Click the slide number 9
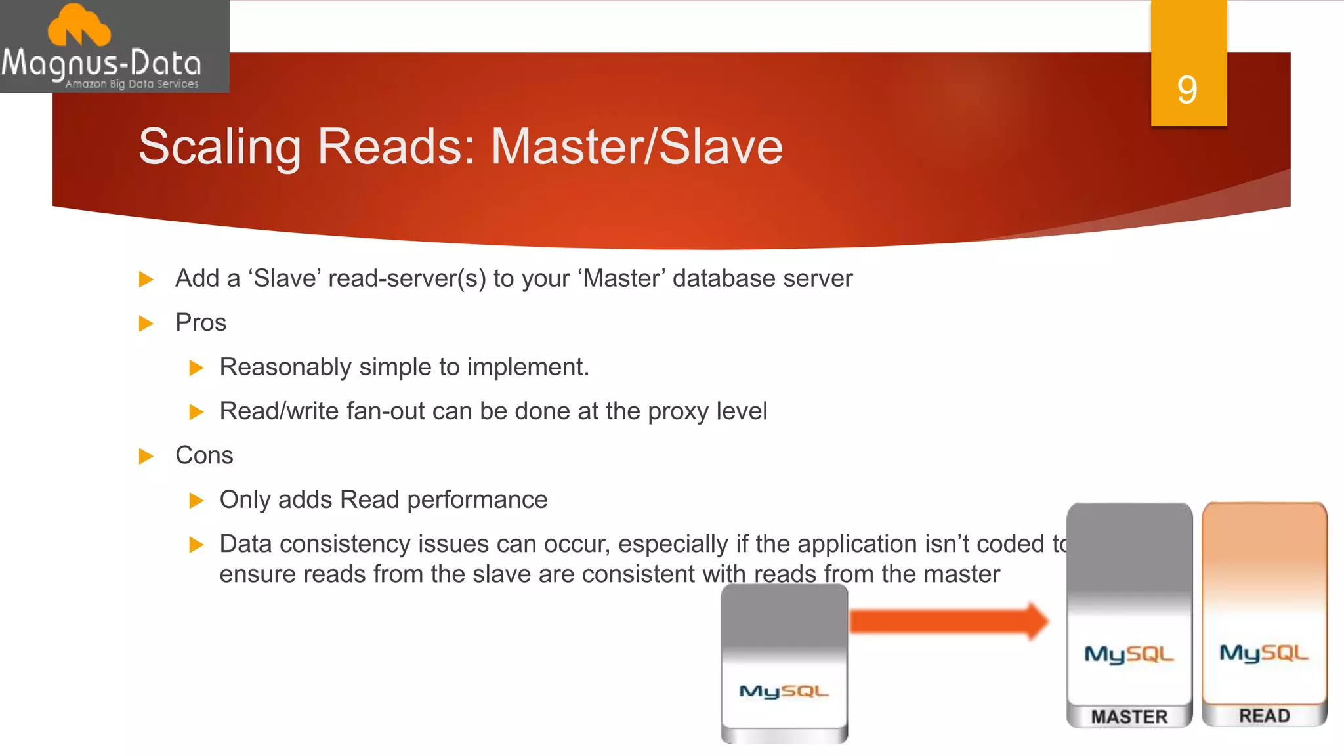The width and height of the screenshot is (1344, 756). click(x=1187, y=90)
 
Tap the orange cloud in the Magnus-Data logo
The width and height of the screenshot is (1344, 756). click(x=79, y=26)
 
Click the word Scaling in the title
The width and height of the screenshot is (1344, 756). click(x=219, y=147)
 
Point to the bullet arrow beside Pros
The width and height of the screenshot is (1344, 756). click(x=146, y=324)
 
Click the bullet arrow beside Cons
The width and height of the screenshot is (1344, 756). click(x=146, y=456)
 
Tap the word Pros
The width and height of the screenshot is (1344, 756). click(x=201, y=323)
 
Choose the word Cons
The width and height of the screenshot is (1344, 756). click(x=204, y=455)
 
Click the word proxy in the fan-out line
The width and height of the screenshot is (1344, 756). click(x=679, y=412)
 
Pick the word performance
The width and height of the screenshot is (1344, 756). click(x=477, y=500)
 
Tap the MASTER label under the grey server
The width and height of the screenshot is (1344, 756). click(x=1129, y=717)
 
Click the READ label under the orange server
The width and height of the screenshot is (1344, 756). click(x=1264, y=715)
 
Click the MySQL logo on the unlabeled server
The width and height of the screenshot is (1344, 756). click(x=784, y=691)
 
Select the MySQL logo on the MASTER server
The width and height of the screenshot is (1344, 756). click(x=1129, y=654)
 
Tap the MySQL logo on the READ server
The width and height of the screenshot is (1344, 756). click(x=1264, y=652)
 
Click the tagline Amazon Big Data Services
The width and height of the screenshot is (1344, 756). click(x=131, y=84)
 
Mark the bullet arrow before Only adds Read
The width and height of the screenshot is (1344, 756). click(x=196, y=501)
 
